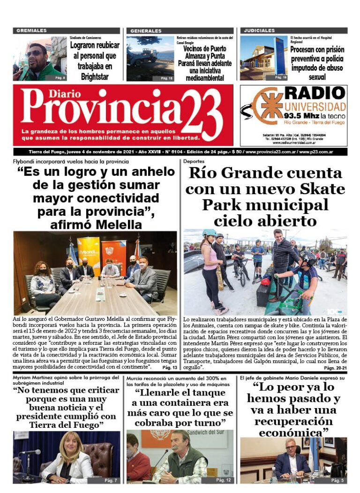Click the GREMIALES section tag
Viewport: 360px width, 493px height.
tap(32, 31)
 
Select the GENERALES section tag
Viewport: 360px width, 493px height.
tap(146, 31)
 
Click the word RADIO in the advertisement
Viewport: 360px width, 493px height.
tap(315, 93)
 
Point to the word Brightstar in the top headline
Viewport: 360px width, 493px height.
tap(94, 76)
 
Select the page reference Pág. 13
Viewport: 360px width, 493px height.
tap(169, 368)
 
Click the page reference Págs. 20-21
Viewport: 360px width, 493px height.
tap(335, 368)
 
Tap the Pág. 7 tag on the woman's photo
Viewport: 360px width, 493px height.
tap(111, 480)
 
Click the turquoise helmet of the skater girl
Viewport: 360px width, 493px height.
tap(209, 233)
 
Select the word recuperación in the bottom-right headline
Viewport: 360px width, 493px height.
tap(293, 421)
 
